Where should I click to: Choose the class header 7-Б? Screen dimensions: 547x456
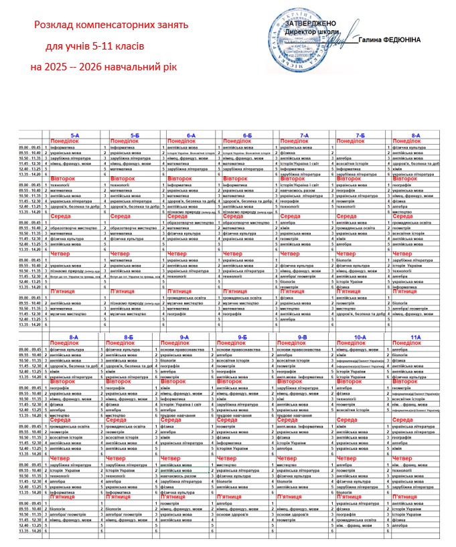pyautogui.click(x=360, y=135)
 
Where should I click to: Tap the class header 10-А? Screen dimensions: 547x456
pyautogui.click(x=360, y=337)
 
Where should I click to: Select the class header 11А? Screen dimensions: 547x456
pyautogui.click(x=416, y=337)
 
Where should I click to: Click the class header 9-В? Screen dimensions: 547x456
pyautogui.click(x=301, y=337)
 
